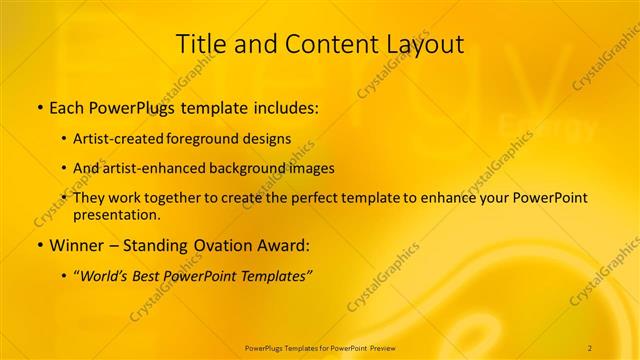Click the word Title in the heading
pyautogui.click(x=200, y=44)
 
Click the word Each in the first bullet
pyautogui.click(x=66, y=105)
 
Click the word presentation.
pyautogui.click(x=115, y=214)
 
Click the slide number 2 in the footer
pyautogui.click(x=590, y=346)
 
